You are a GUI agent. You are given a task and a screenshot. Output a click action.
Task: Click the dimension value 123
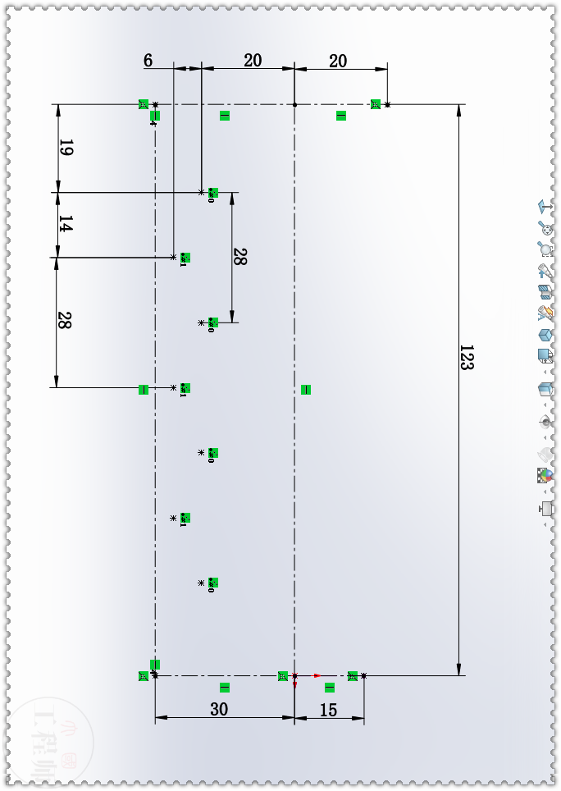point(466,359)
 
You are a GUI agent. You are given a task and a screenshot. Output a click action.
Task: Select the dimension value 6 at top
point(148,61)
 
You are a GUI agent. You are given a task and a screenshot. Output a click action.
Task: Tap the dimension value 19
point(66,149)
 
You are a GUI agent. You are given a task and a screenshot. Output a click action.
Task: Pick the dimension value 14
point(66,224)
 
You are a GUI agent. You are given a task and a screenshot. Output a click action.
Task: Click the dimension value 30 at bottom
point(219,710)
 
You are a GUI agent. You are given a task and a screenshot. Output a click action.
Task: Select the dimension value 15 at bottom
point(328,711)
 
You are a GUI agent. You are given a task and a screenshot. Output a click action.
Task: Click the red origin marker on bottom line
point(295,676)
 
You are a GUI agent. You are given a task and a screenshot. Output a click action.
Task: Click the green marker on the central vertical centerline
point(306,390)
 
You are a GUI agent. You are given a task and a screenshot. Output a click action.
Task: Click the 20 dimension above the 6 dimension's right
point(253,61)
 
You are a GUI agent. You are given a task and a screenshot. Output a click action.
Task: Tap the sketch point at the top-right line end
point(388,104)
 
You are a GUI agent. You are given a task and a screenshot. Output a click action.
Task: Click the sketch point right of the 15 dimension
point(363,676)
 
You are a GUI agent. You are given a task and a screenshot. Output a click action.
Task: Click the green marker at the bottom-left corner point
point(144,676)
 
